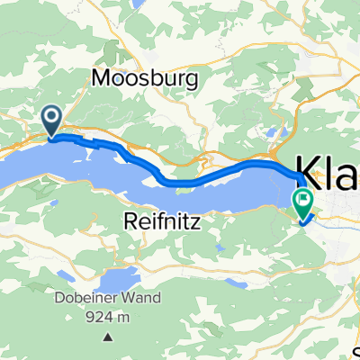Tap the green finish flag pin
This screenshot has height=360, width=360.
304,201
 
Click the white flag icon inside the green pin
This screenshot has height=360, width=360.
304,198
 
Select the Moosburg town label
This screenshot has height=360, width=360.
133,78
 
